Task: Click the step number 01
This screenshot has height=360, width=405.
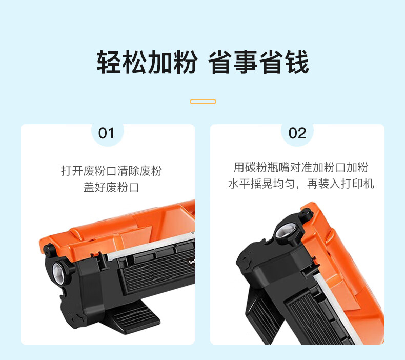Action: (106, 133)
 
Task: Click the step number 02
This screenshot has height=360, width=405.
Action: (297, 133)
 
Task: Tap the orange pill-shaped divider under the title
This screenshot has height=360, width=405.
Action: (203, 102)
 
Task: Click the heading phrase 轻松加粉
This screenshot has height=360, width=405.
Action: (147, 62)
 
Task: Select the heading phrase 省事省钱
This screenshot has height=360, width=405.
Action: (258, 62)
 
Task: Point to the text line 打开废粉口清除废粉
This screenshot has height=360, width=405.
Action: (111, 171)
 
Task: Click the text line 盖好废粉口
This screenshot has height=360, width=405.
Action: (111, 187)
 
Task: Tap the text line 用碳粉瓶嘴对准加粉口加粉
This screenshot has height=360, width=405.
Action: (301, 167)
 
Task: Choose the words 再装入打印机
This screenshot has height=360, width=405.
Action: (340, 184)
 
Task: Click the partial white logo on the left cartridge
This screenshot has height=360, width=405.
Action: (192, 262)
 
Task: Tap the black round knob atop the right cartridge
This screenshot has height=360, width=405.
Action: (306, 214)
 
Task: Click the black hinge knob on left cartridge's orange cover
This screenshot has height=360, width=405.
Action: (49, 250)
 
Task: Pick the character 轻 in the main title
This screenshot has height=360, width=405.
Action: (109, 62)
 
